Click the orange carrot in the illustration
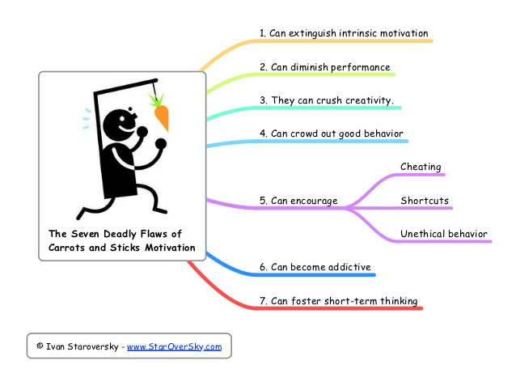tap(161, 117)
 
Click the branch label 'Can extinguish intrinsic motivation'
tap(344, 34)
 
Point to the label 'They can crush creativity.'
tap(327, 100)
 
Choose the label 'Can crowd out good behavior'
tap(332, 134)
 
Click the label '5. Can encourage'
tap(298, 201)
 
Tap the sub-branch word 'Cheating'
tap(421, 168)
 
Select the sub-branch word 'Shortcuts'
tap(425, 201)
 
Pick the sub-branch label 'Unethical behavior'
tap(444, 235)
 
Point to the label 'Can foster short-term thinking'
tap(338, 301)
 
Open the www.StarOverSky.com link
tap(174, 346)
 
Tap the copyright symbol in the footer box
tap(40, 346)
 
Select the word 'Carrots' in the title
tap(69, 247)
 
